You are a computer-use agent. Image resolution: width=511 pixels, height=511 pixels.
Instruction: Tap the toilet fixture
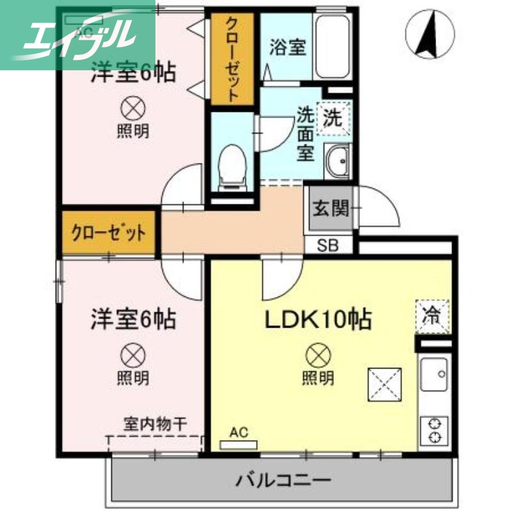[232, 168]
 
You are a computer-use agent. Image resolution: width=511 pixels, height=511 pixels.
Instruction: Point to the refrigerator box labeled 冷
[433, 316]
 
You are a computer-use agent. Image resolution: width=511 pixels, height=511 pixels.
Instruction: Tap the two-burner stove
[434, 430]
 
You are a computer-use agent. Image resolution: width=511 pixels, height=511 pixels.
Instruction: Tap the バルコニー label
[283, 480]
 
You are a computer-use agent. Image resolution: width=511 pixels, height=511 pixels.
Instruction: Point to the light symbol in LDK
[317, 353]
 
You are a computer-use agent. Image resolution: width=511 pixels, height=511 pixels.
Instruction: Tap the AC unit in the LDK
[238, 442]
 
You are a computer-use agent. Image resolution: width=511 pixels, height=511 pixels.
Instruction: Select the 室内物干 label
[155, 423]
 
